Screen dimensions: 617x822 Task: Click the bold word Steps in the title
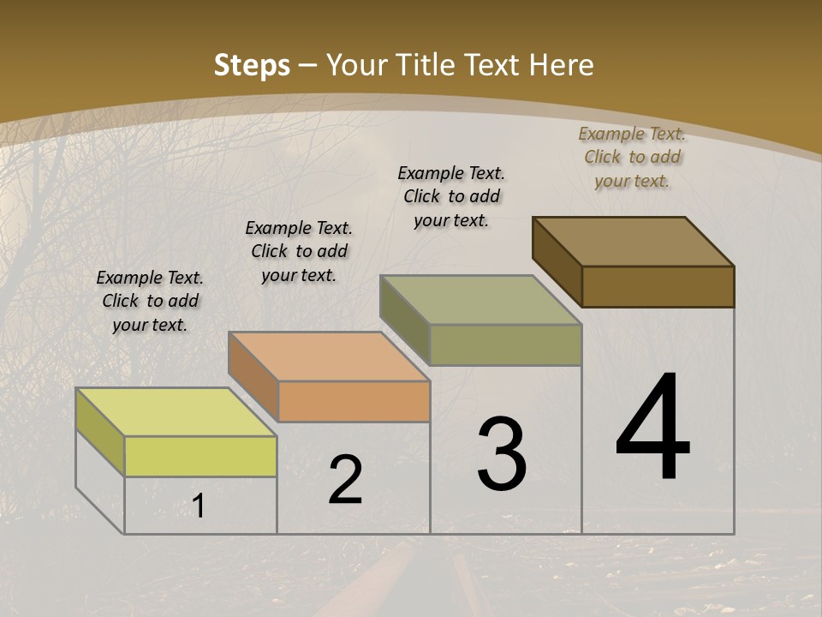(x=252, y=65)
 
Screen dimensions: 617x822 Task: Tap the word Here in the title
(x=562, y=65)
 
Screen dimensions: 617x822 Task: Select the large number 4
(x=652, y=428)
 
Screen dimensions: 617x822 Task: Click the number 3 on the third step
(x=502, y=454)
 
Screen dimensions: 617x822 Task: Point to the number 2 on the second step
(x=346, y=480)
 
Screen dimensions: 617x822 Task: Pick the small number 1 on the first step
(x=199, y=506)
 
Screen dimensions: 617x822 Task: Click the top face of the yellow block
(x=176, y=412)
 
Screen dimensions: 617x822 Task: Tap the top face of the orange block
(x=328, y=356)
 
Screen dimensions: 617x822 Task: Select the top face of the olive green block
(x=480, y=300)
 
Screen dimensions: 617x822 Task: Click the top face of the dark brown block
(x=633, y=242)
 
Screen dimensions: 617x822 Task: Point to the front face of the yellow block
(x=200, y=456)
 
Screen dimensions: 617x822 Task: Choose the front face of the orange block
(x=354, y=401)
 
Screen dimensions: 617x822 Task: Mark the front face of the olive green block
(x=505, y=344)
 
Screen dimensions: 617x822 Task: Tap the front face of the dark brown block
(x=658, y=286)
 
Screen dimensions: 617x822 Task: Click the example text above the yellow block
(x=150, y=301)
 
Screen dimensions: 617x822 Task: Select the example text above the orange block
(x=299, y=251)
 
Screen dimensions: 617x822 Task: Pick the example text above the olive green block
(x=451, y=196)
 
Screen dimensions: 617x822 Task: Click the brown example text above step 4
(x=632, y=157)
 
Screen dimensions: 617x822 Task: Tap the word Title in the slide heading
(x=427, y=65)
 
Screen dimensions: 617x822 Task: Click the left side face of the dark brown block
(x=557, y=261)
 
